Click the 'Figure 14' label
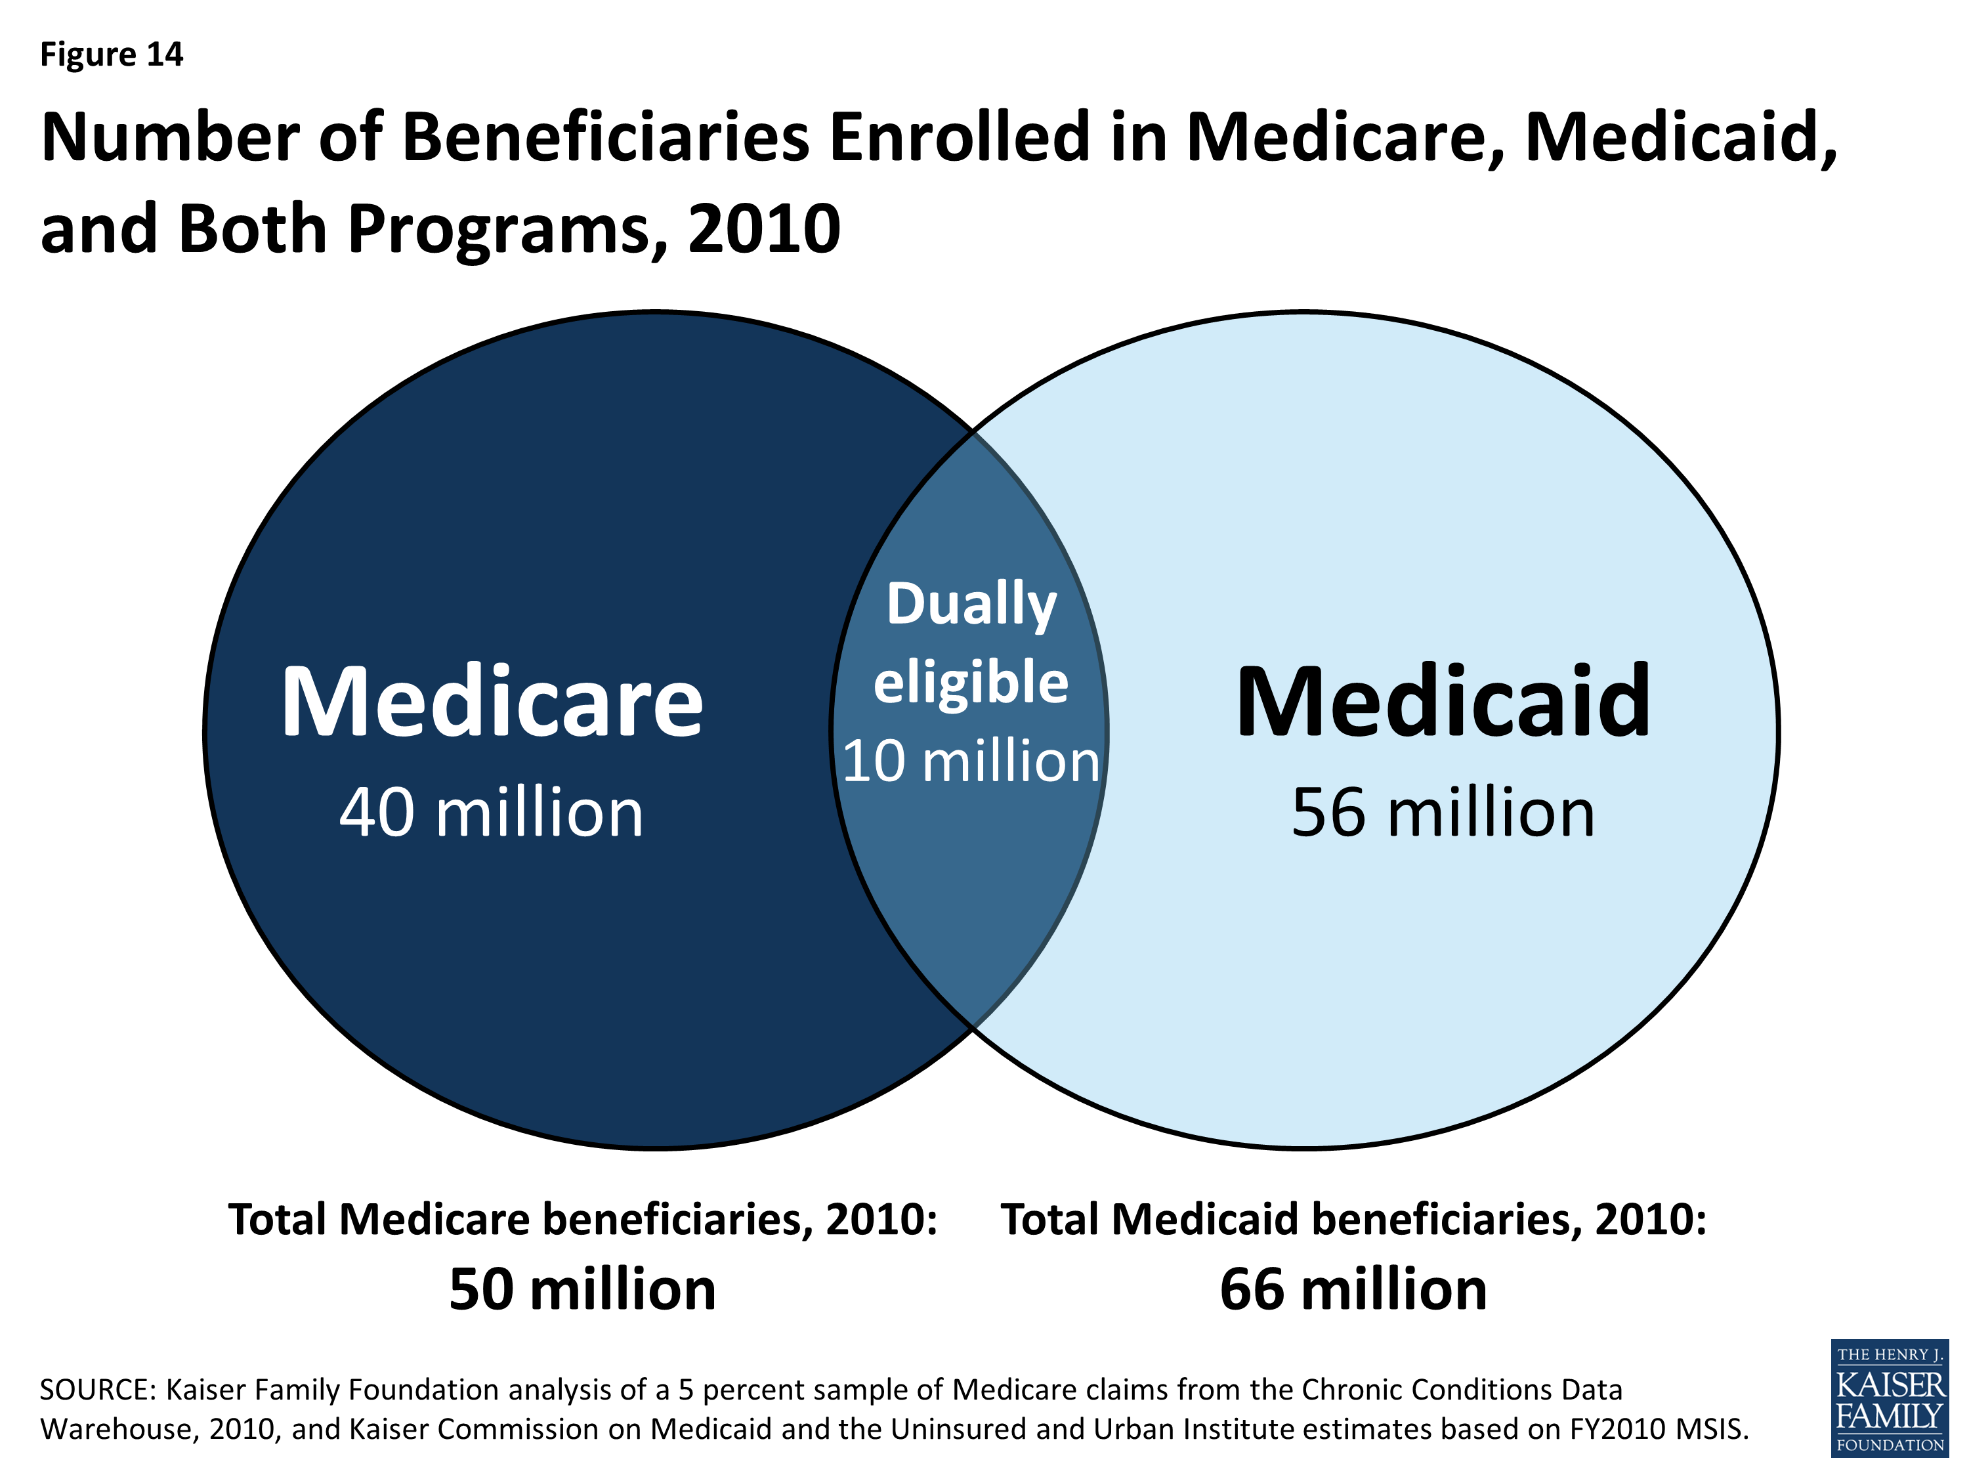click(x=112, y=55)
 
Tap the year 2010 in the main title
click(x=764, y=230)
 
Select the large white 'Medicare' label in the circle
click(x=492, y=703)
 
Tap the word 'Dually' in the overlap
click(x=971, y=605)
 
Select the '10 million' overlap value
click(x=971, y=762)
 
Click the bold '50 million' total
click(x=582, y=1290)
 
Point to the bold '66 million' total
click(x=1353, y=1290)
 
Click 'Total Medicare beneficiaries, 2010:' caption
click(x=583, y=1220)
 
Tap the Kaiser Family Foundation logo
click(x=1889, y=1398)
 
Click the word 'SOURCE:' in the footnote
click(x=98, y=1390)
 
